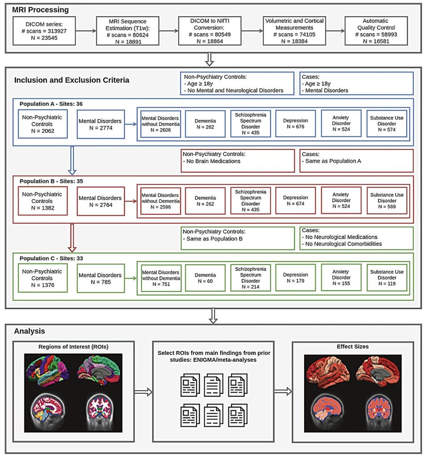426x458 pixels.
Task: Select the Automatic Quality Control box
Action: pyautogui.click(x=376, y=30)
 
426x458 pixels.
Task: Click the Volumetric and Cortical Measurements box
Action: pyautogui.click(x=293, y=30)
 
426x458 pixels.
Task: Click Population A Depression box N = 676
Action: pyautogui.click(x=295, y=124)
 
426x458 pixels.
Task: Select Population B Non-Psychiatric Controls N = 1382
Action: pyautogui.click(x=42, y=200)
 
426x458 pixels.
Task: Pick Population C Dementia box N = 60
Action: pyautogui.click(x=205, y=278)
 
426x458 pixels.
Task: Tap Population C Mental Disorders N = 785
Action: pyautogui.click(x=100, y=278)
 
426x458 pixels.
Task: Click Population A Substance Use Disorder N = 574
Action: pyautogui.click(x=387, y=124)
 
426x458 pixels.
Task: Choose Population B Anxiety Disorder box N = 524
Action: pyautogui.click(x=341, y=200)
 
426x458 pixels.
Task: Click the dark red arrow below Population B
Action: pyautogui.click(x=72, y=237)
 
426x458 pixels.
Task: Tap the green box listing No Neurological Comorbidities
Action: pyautogui.click(x=357, y=238)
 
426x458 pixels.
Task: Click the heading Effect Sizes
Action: pyautogui.click(x=352, y=346)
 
